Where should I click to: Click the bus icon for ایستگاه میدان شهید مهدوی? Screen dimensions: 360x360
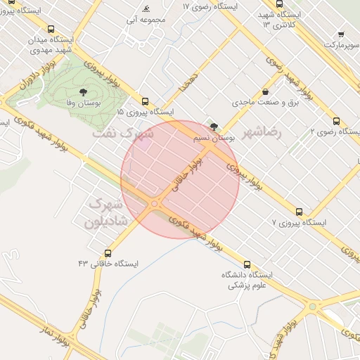point(51,30)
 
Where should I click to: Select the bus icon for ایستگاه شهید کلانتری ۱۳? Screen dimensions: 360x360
point(280,4)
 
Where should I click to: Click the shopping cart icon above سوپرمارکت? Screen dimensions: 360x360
point(341,33)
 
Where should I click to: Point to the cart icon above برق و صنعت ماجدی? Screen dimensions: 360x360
point(265,91)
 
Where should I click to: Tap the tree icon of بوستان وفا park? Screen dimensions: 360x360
point(84,92)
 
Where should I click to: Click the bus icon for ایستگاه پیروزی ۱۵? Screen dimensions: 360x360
point(146,101)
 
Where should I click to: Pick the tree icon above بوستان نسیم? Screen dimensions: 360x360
point(214,127)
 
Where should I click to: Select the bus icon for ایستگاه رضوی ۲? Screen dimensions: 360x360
point(336,120)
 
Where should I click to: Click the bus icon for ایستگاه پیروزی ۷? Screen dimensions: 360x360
point(300,211)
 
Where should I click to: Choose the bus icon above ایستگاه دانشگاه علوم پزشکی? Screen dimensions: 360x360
point(246,264)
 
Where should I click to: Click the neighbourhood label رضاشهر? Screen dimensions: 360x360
point(262,132)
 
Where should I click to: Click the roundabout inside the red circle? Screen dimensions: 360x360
point(155,204)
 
